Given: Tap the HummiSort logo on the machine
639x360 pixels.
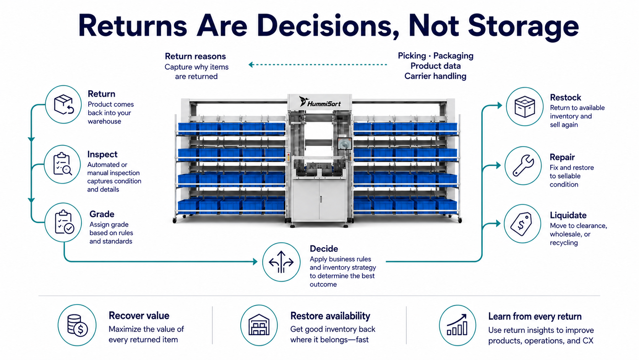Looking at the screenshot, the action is (x=320, y=102).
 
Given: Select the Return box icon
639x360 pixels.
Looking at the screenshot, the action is (x=63, y=104).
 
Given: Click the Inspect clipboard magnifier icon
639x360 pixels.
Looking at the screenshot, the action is (x=62, y=164).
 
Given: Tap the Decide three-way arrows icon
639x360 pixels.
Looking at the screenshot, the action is (x=281, y=262).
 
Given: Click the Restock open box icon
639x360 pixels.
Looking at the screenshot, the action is (x=525, y=107).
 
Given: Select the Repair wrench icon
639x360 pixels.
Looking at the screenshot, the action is (x=523, y=165).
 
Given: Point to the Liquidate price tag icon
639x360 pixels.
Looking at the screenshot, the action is (x=521, y=224).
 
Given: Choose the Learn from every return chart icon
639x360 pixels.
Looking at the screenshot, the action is (x=457, y=325).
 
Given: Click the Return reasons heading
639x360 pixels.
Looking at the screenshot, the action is (x=195, y=56).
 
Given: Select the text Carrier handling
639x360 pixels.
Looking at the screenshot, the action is (x=435, y=76).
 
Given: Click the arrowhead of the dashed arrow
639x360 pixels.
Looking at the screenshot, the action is (x=251, y=65).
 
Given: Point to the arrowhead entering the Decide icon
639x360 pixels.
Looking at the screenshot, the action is (x=255, y=261).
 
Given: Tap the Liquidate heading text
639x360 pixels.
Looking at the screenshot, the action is (x=568, y=215).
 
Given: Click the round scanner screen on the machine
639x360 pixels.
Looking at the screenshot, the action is (x=345, y=144).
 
